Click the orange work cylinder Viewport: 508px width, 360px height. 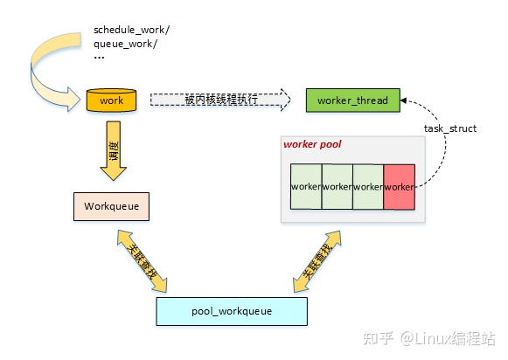click(x=112, y=100)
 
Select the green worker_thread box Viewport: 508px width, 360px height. click(x=345, y=100)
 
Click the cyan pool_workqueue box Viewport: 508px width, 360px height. click(x=232, y=310)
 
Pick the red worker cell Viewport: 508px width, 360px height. click(x=399, y=187)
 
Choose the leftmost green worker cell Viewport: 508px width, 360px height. click(x=306, y=187)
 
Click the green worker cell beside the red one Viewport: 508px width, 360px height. click(x=368, y=187)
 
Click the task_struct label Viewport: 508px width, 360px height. click(x=449, y=128)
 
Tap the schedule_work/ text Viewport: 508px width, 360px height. click(x=131, y=30)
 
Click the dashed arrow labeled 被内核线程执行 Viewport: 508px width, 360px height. click(x=219, y=100)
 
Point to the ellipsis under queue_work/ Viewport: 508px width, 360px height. click(x=99, y=58)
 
